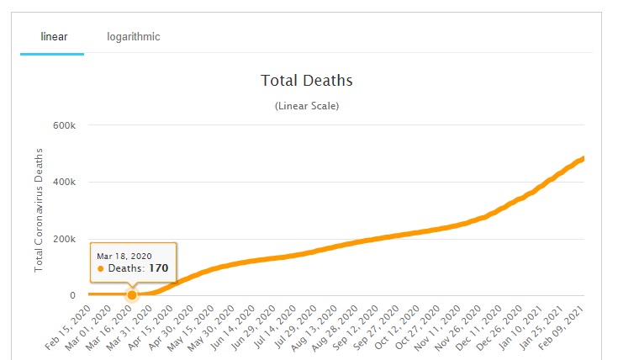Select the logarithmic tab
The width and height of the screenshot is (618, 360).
[x=133, y=37]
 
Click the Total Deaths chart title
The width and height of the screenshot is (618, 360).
[x=306, y=81]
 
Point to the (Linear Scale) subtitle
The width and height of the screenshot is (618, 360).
[x=306, y=106]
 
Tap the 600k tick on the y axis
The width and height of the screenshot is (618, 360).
[x=66, y=125]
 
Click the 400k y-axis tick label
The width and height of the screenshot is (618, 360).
[x=66, y=182]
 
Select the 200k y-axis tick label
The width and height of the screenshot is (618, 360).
[x=66, y=239]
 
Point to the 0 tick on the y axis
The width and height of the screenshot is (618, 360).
[x=73, y=295]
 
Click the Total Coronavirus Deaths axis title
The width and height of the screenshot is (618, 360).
[x=39, y=209]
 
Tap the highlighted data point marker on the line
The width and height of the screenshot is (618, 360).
[x=132, y=294]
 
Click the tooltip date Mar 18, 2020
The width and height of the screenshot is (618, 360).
[x=124, y=255]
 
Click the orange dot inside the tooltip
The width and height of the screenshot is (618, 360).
[x=101, y=268]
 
